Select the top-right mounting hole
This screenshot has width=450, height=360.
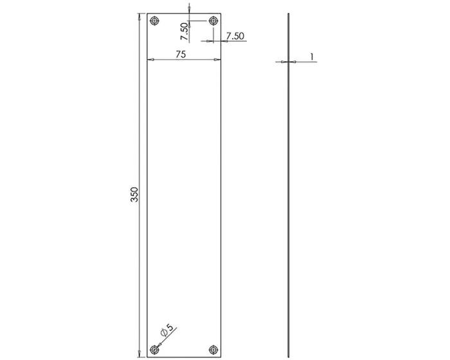tap(213, 22)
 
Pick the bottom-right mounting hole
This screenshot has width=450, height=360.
tap(213, 350)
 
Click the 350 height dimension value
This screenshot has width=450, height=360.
tap(134, 195)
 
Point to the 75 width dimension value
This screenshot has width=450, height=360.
tap(180, 55)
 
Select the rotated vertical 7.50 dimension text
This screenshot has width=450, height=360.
tap(184, 30)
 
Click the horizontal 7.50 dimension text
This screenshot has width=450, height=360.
tap(235, 36)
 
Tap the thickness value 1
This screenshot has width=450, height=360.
tap(311, 57)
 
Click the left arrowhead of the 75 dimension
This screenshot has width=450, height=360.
tap(150, 60)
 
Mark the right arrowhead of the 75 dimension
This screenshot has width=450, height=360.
tap(217, 60)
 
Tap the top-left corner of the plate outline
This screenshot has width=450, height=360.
tap(147, 14)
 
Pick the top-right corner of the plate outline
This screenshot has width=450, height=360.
tap(220, 14)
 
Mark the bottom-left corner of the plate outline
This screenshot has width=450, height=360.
tap(147, 357)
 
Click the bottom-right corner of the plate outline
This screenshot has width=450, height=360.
tap(220, 357)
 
